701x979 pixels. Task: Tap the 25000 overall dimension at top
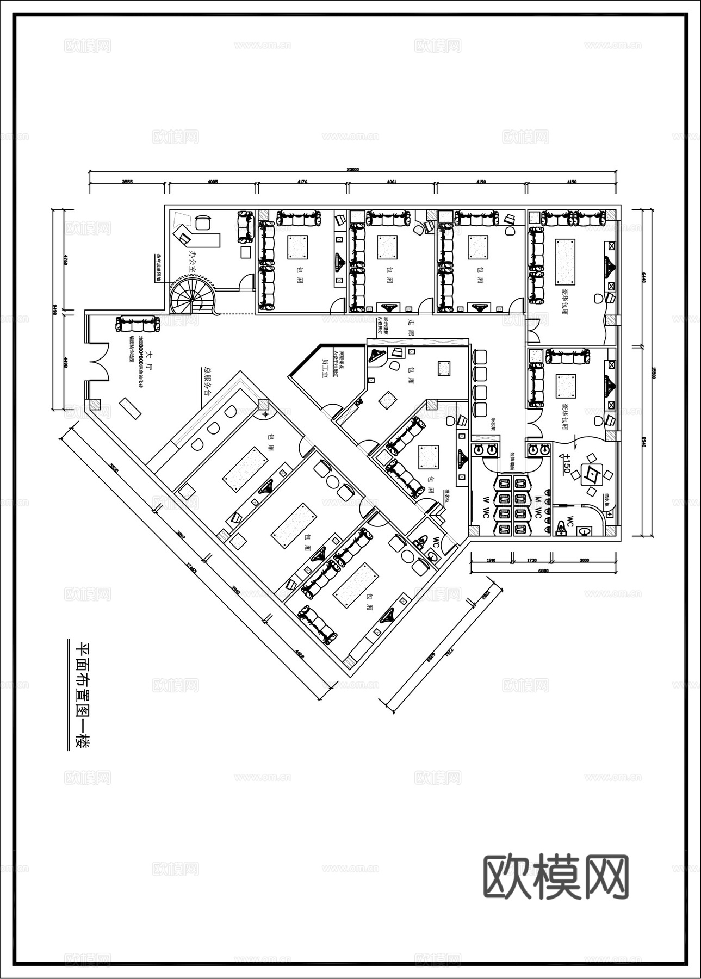pyautogui.click(x=352, y=169)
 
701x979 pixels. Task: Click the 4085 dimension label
pyautogui.click(x=213, y=182)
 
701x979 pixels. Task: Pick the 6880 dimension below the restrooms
pyautogui.click(x=543, y=571)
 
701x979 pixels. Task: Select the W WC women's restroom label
pyautogui.click(x=486, y=505)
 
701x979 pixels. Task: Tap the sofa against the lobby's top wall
pyautogui.click(x=138, y=324)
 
